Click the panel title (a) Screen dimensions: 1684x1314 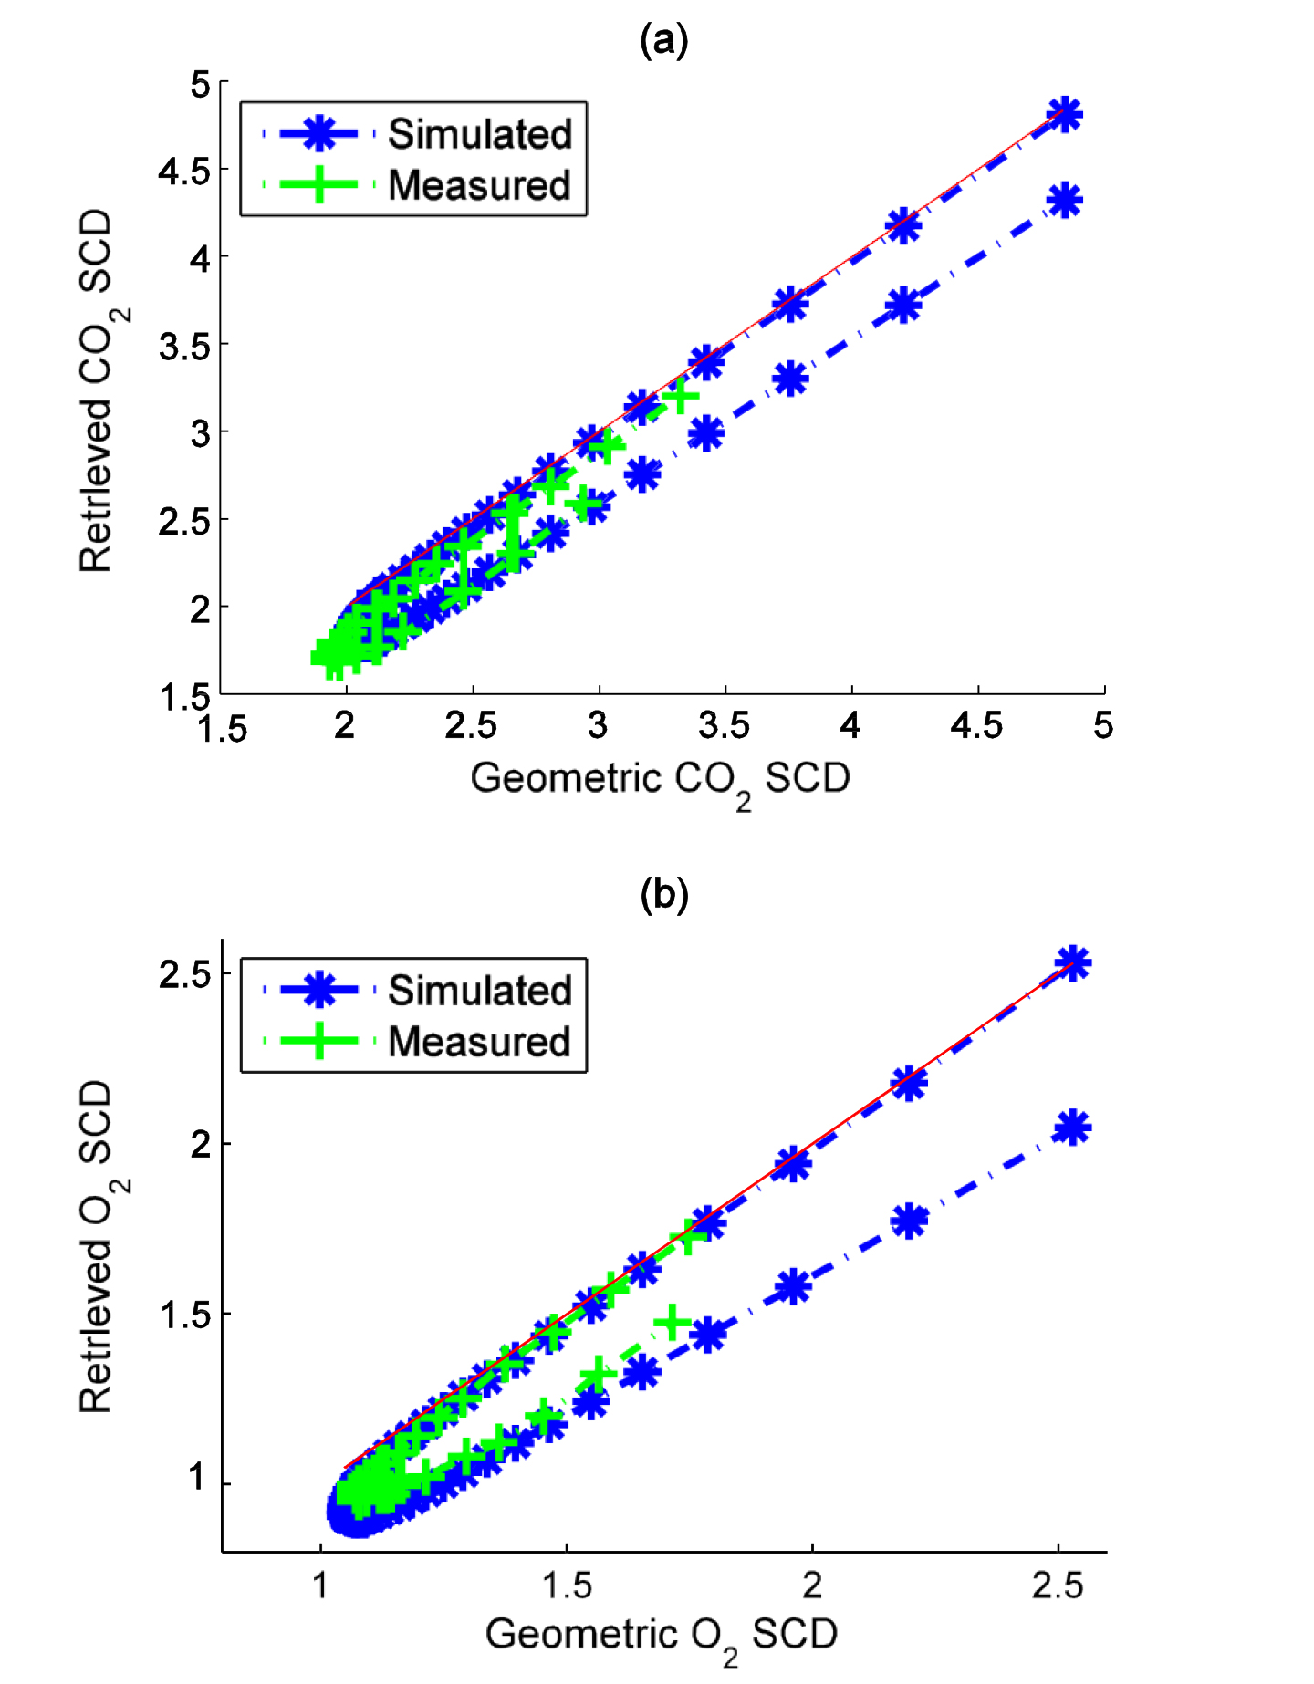[663, 41]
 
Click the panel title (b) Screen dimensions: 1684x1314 [663, 895]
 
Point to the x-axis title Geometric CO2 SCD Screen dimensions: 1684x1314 [660, 780]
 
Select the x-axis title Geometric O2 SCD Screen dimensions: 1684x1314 [661, 1636]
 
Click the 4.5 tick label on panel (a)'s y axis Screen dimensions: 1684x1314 [184, 171]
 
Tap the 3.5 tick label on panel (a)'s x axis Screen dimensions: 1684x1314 [725, 726]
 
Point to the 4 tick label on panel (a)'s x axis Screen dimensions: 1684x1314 [850, 726]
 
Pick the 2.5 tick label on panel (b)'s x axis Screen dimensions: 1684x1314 [1058, 1585]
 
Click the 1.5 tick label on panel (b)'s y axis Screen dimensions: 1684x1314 [184, 1315]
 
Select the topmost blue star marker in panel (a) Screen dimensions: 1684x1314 [1065, 115]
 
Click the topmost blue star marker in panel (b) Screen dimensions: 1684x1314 [1072, 962]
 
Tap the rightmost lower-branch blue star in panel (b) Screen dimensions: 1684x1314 [1072, 1128]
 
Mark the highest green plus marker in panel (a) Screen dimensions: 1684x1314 [680, 397]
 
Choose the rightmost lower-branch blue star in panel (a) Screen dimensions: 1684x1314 [1065, 201]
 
